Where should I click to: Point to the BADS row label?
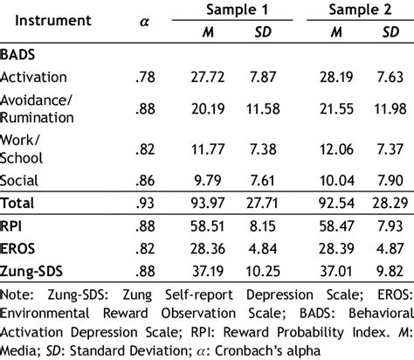[x=22, y=53]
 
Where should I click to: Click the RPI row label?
[x=15, y=225]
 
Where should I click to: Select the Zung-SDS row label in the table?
[x=34, y=271]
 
